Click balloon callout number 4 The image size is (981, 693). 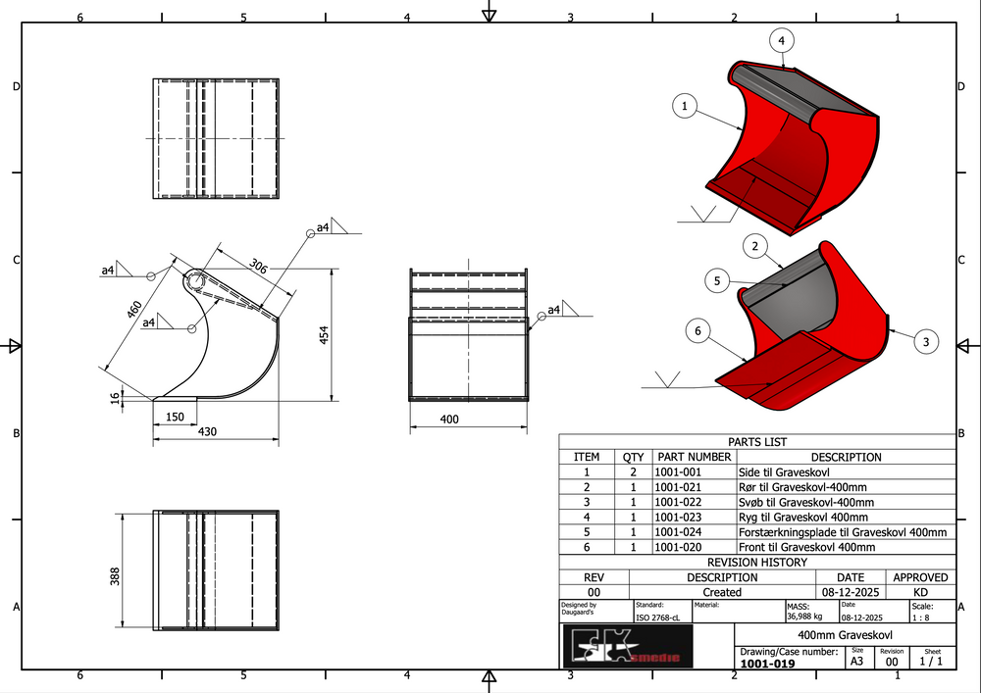coord(782,41)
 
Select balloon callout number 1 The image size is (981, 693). coord(685,106)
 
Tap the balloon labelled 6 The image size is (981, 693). coord(698,330)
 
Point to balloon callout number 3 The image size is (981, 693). coord(926,341)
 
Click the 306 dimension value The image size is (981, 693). coord(258,267)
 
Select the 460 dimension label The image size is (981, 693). coord(134,310)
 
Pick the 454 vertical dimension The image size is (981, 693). coord(324,335)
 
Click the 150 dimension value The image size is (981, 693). coord(175,417)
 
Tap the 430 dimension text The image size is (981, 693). coord(207,431)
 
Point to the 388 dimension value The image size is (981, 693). coord(115,576)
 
